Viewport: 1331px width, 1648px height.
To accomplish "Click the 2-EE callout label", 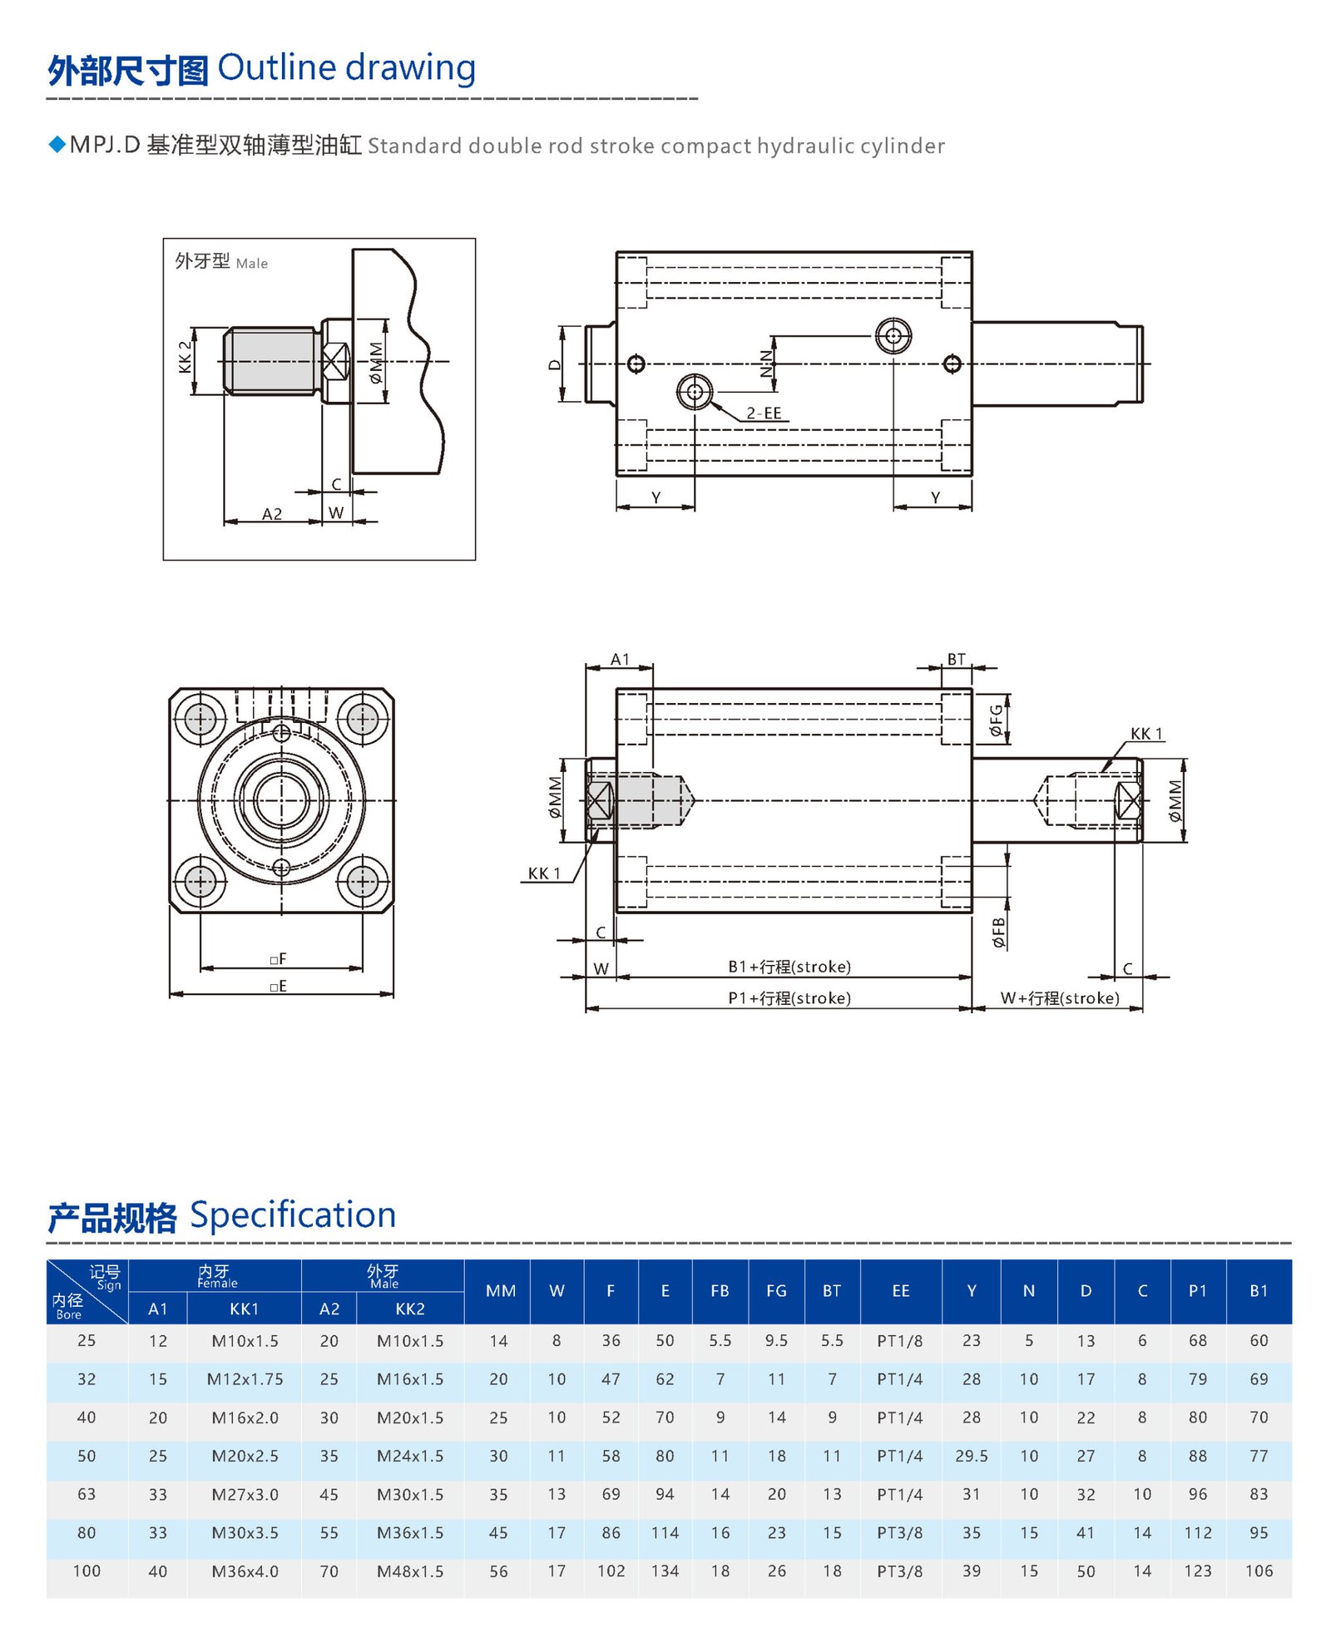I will (763, 413).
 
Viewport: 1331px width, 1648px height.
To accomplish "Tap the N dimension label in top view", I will (766, 364).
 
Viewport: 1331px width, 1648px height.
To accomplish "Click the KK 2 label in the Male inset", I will (185, 357).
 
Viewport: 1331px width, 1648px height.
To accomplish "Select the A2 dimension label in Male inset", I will (272, 514).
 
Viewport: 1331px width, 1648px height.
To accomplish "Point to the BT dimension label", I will (956, 659).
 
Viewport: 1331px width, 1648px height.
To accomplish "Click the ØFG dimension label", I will (996, 720).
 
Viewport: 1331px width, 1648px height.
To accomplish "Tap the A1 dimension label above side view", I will (620, 659).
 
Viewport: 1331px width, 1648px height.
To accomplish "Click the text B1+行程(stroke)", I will (789, 967).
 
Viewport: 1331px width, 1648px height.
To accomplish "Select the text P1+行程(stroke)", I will (789, 997).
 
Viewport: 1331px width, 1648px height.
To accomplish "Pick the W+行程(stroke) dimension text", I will (1059, 997).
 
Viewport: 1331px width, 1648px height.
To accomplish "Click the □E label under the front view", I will (278, 986).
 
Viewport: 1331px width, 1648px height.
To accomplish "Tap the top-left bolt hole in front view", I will (200, 719).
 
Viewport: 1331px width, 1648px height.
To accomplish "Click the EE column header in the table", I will (900, 1290).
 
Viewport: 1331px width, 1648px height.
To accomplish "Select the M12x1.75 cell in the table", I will (245, 1378).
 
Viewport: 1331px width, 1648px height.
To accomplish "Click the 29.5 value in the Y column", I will (971, 1456).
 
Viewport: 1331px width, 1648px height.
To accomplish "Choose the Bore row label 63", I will (87, 1494).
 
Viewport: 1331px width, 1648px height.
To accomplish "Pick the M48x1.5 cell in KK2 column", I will (409, 1571).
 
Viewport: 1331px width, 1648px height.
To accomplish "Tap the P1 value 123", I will (1197, 1571).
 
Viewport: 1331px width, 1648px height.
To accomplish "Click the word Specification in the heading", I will (293, 1215).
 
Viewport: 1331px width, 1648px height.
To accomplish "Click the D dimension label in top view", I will (555, 364).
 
